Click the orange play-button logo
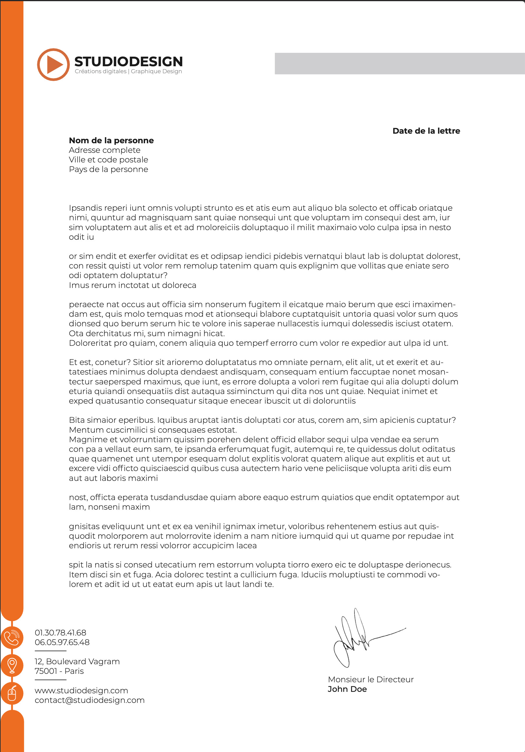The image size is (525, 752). pyautogui.click(x=53, y=64)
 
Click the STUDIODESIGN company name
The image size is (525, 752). pyautogui.click(x=128, y=62)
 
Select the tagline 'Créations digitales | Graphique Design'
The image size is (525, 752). pyautogui.click(x=128, y=71)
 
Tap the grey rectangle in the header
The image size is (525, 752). pyautogui.click(x=399, y=64)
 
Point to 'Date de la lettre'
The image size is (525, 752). pyautogui.click(x=426, y=131)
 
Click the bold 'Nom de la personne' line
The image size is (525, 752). pyautogui.click(x=111, y=141)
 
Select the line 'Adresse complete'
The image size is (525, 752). pyautogui.click(x=105, y=150)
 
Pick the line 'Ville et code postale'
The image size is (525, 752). pyautogui.click(x=108, y=160)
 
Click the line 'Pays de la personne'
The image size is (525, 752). pyautogui.click(x=108, y=169)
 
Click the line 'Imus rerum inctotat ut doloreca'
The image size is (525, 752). pyautogui.click(x=132, y=285)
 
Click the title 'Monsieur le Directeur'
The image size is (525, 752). pyautogui.click(x=371, y=679)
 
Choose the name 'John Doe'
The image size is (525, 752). pyautogui.click(x=347, y=689)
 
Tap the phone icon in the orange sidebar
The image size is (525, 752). pyautogui.click(x=12, y=637)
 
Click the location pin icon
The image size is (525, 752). pyautogui.click(x=12, y=665)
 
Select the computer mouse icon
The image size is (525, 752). pyautogui.click(x=12, y=693)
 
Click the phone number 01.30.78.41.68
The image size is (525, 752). pyautogui.click(x=60, y=633)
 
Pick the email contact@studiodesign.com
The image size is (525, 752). pyautogui.click(x=90, y=700)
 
